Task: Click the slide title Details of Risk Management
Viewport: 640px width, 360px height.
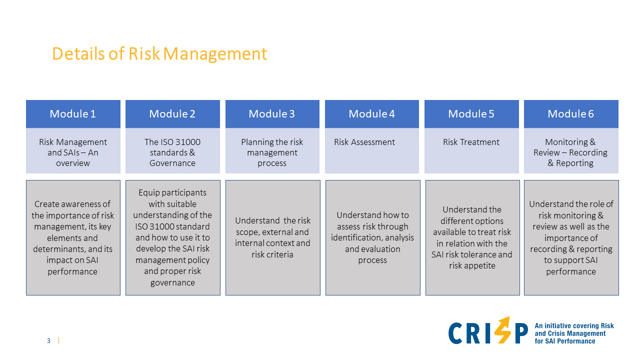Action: pos(159,53)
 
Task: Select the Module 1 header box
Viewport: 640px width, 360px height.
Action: pos(73,114)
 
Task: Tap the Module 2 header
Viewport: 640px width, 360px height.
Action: pos(172,114)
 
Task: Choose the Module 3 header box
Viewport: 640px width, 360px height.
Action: pos(272,114)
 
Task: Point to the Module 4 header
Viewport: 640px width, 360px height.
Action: pos(371,114)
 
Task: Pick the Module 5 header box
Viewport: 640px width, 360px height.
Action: pos(471,114)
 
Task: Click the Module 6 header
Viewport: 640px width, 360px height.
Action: pos(570,114)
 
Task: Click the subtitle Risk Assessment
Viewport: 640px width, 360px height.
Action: pos(364,142)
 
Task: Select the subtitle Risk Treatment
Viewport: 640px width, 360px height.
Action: pos(471,142)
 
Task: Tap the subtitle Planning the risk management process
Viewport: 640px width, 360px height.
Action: pos(272,152)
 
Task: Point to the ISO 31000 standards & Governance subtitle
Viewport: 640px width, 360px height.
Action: pos(172,152)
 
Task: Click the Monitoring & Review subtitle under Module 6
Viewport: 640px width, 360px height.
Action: pos(570,152)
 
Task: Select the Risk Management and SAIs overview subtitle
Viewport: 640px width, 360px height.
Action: pos(73,152)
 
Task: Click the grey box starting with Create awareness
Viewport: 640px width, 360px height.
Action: pos(73,237)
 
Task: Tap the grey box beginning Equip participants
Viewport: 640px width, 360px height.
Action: pos(172,237)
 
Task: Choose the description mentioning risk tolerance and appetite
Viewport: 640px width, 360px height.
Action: pos(472,237)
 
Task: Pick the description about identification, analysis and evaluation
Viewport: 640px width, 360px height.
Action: pos(372,237)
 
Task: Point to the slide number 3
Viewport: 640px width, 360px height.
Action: pos(48,341)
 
